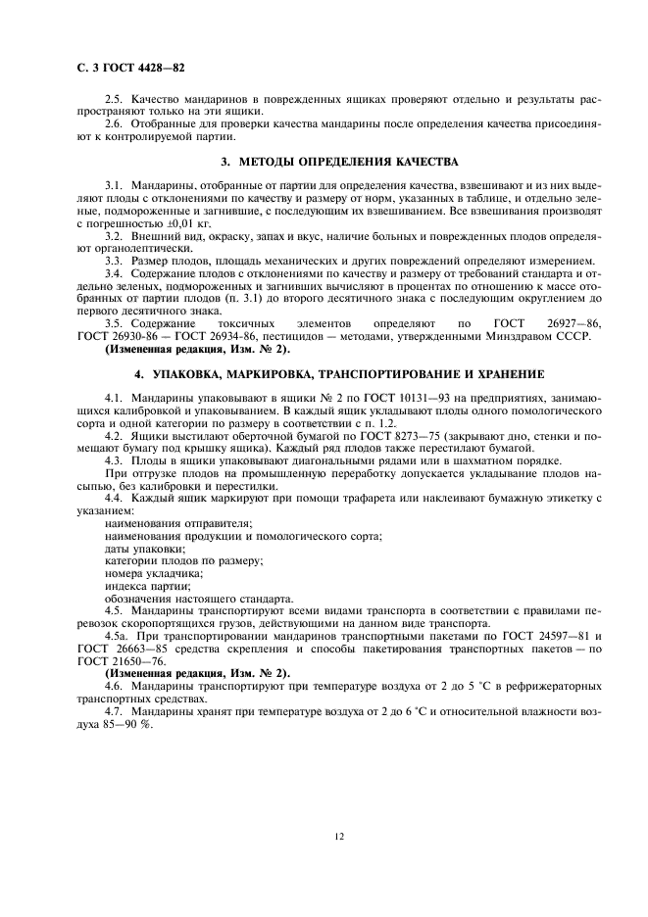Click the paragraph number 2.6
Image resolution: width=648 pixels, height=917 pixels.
coord(114,125)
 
